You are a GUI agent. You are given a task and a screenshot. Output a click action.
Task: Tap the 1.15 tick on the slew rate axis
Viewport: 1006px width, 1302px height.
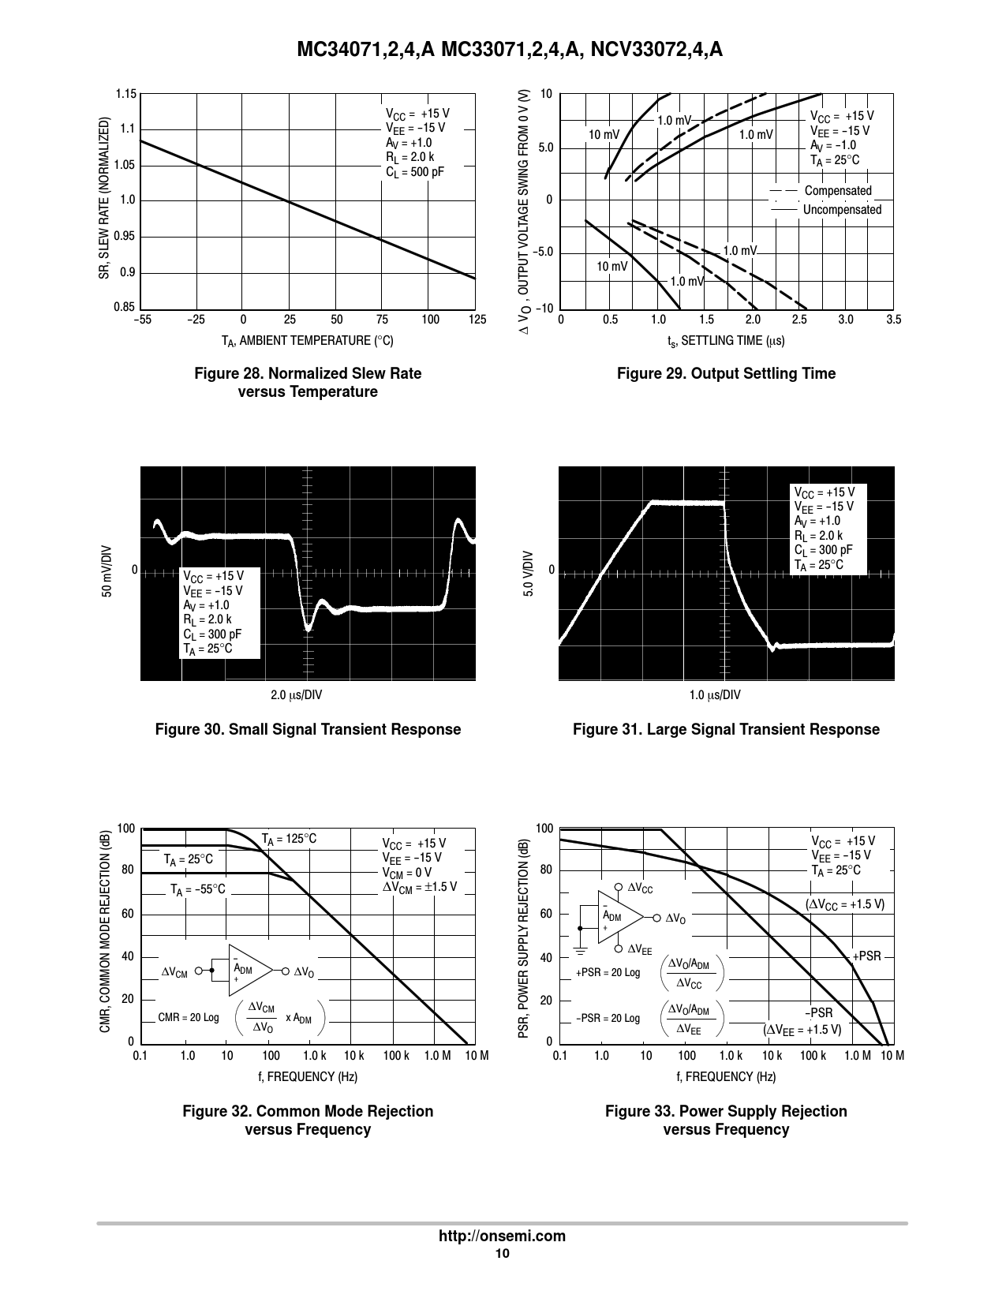(126, 95)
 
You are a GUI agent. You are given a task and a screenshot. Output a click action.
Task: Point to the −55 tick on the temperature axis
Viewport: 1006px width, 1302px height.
(142, 320)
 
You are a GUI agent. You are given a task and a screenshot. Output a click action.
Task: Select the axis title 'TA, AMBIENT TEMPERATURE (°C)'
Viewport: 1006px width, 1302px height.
(307, 340)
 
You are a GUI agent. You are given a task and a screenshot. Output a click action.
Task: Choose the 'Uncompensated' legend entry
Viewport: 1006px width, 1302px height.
(842, 210)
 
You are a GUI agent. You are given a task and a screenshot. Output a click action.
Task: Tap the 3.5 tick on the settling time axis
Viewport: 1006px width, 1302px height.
(893, 320)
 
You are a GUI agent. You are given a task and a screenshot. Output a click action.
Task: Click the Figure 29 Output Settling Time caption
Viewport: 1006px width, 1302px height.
(726, 373)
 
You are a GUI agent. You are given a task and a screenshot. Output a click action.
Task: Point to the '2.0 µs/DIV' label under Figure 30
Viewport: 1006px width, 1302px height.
(297, 695)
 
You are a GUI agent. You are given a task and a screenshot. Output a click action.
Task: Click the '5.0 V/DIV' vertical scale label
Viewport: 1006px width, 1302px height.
(529, 572)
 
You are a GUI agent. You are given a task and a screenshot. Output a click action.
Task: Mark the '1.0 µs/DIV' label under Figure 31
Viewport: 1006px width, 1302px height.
(715, 695)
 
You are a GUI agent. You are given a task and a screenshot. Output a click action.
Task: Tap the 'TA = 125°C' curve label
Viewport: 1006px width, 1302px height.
(289, 838)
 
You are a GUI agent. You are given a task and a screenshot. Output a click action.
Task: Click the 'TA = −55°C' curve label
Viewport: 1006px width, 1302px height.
(198, 889)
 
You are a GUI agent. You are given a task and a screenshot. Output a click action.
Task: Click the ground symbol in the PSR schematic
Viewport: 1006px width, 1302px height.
(580, 945)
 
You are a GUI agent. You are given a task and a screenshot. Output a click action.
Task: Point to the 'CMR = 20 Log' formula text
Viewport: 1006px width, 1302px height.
(189, 1017)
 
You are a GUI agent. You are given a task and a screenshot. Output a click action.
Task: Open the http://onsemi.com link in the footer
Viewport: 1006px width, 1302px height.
(503, 1237)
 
